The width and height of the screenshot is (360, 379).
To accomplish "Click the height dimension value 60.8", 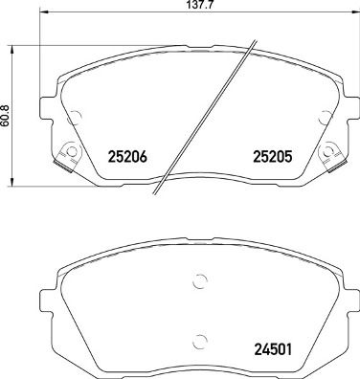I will point(7,115).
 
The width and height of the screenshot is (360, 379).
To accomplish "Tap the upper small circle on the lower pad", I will point(199,281).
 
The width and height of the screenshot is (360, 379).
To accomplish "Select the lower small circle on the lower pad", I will point(199,340).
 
